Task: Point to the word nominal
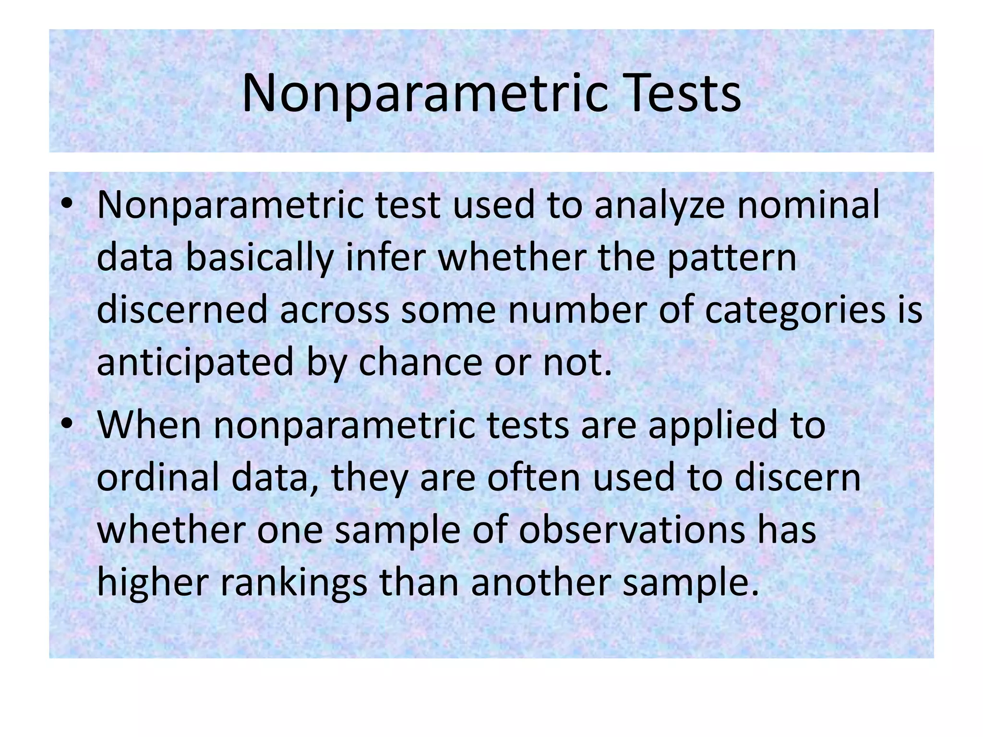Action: pyautogui.click(x=808, y=205)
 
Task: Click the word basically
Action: pyautogui.click(x=259, y=258)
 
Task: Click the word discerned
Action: pyautogui.click(x=181, y=309)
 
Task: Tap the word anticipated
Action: pyautogui.click(x=195, y=363)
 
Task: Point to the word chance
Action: pyautogui.click(x=420, y=362)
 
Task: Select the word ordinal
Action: pyautogui.click(x=158, y=477)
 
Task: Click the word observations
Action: pyautogui.click(x=632, y=530)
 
